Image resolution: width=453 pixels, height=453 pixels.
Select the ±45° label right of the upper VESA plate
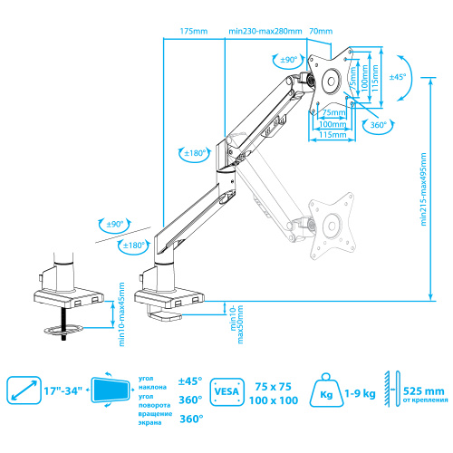coord(396,77)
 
